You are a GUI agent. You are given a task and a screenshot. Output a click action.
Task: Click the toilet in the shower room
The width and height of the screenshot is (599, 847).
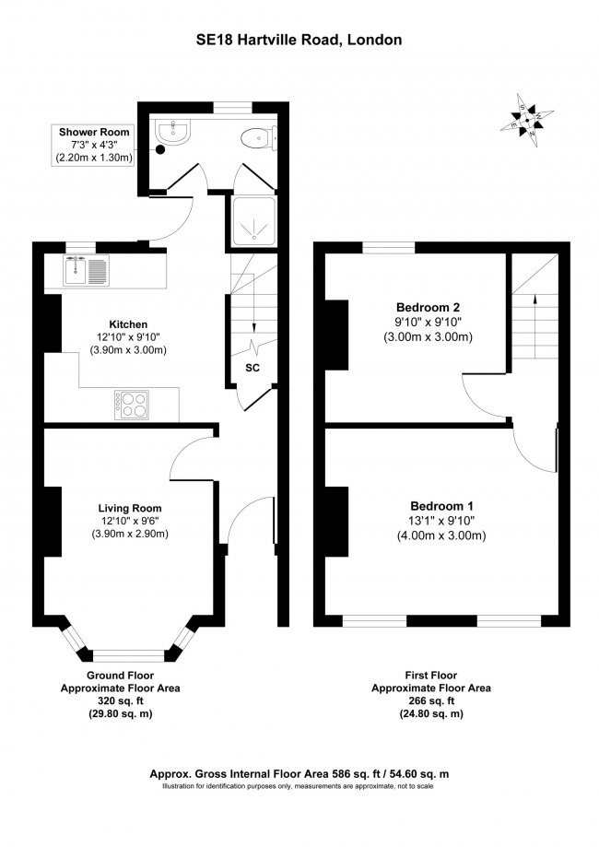[254, 139]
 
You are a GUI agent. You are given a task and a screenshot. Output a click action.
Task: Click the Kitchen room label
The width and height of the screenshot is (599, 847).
[128, 324]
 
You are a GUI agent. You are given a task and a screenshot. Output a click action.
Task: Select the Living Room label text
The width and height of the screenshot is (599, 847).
[130, 508]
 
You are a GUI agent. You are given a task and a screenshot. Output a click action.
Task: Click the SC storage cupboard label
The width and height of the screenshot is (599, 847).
[252, 367]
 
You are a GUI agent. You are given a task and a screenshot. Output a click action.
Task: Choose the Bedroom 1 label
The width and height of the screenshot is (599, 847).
[441, 506]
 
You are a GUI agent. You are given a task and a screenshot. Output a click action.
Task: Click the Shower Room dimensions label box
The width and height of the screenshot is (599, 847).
[95, 146]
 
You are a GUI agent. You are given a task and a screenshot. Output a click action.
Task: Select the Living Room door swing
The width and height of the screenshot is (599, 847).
[196, 456]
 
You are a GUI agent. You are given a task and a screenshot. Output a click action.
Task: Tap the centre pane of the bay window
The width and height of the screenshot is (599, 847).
[129, 655]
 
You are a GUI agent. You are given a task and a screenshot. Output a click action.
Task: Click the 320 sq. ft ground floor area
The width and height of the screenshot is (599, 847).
[120, 700]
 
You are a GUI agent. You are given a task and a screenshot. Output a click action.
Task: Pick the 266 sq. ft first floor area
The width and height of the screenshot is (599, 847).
[430, 700]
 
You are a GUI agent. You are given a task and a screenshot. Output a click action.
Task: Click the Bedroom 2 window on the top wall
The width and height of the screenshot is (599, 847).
[387, 247]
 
